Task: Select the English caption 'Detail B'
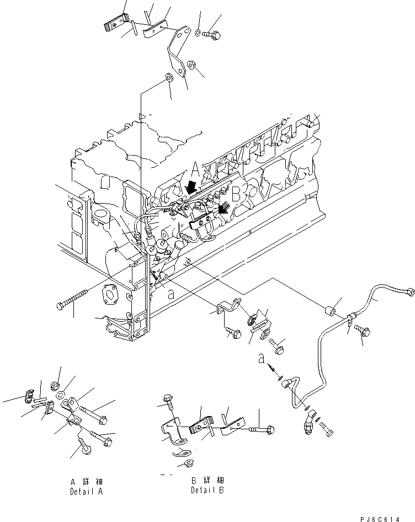pyautogui.click(x=208, y=490)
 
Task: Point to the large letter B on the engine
pyautogui.click(x=235, y=195)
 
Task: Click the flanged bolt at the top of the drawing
pyautogui.click(x=212, y=34)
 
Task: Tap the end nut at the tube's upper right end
pyautogui.click(x=408, y=291)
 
